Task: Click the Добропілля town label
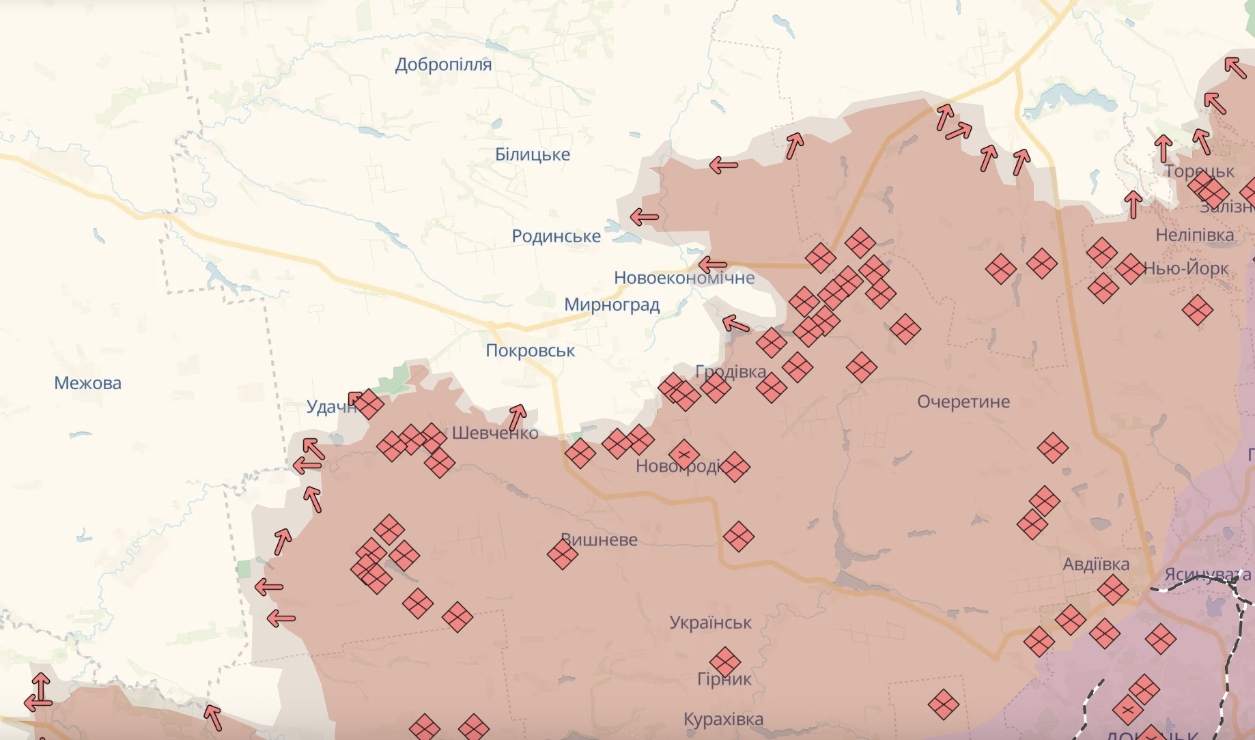click(x=443, y=65)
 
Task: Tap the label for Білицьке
click(x=532, y=155)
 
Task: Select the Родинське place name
click(x=556, y=236)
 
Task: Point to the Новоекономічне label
click(x=684, y=278)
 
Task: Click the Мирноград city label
click(x=612, y=304)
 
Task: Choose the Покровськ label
click(x=530, y=351)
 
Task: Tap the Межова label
click(x=87, y=383)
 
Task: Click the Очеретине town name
click(x=963, y=401)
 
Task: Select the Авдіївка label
click(x=1095, y=565)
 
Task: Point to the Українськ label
click(x=710, y=623)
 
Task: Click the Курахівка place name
click(x=723, y=719)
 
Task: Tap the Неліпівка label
click(x=1194, y=236)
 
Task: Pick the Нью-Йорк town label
click(x=1187, y=268)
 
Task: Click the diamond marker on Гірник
click(x=724, y=661)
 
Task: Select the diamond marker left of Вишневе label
click(x=563, y=554)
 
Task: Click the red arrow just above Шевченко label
click(x=518, y=416)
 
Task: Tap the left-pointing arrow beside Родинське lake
click(x=644, y=218)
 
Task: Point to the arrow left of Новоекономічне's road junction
click(x=713, y=264)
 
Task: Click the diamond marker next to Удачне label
click(x=369, y=403)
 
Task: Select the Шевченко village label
click(x=495, y=433)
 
